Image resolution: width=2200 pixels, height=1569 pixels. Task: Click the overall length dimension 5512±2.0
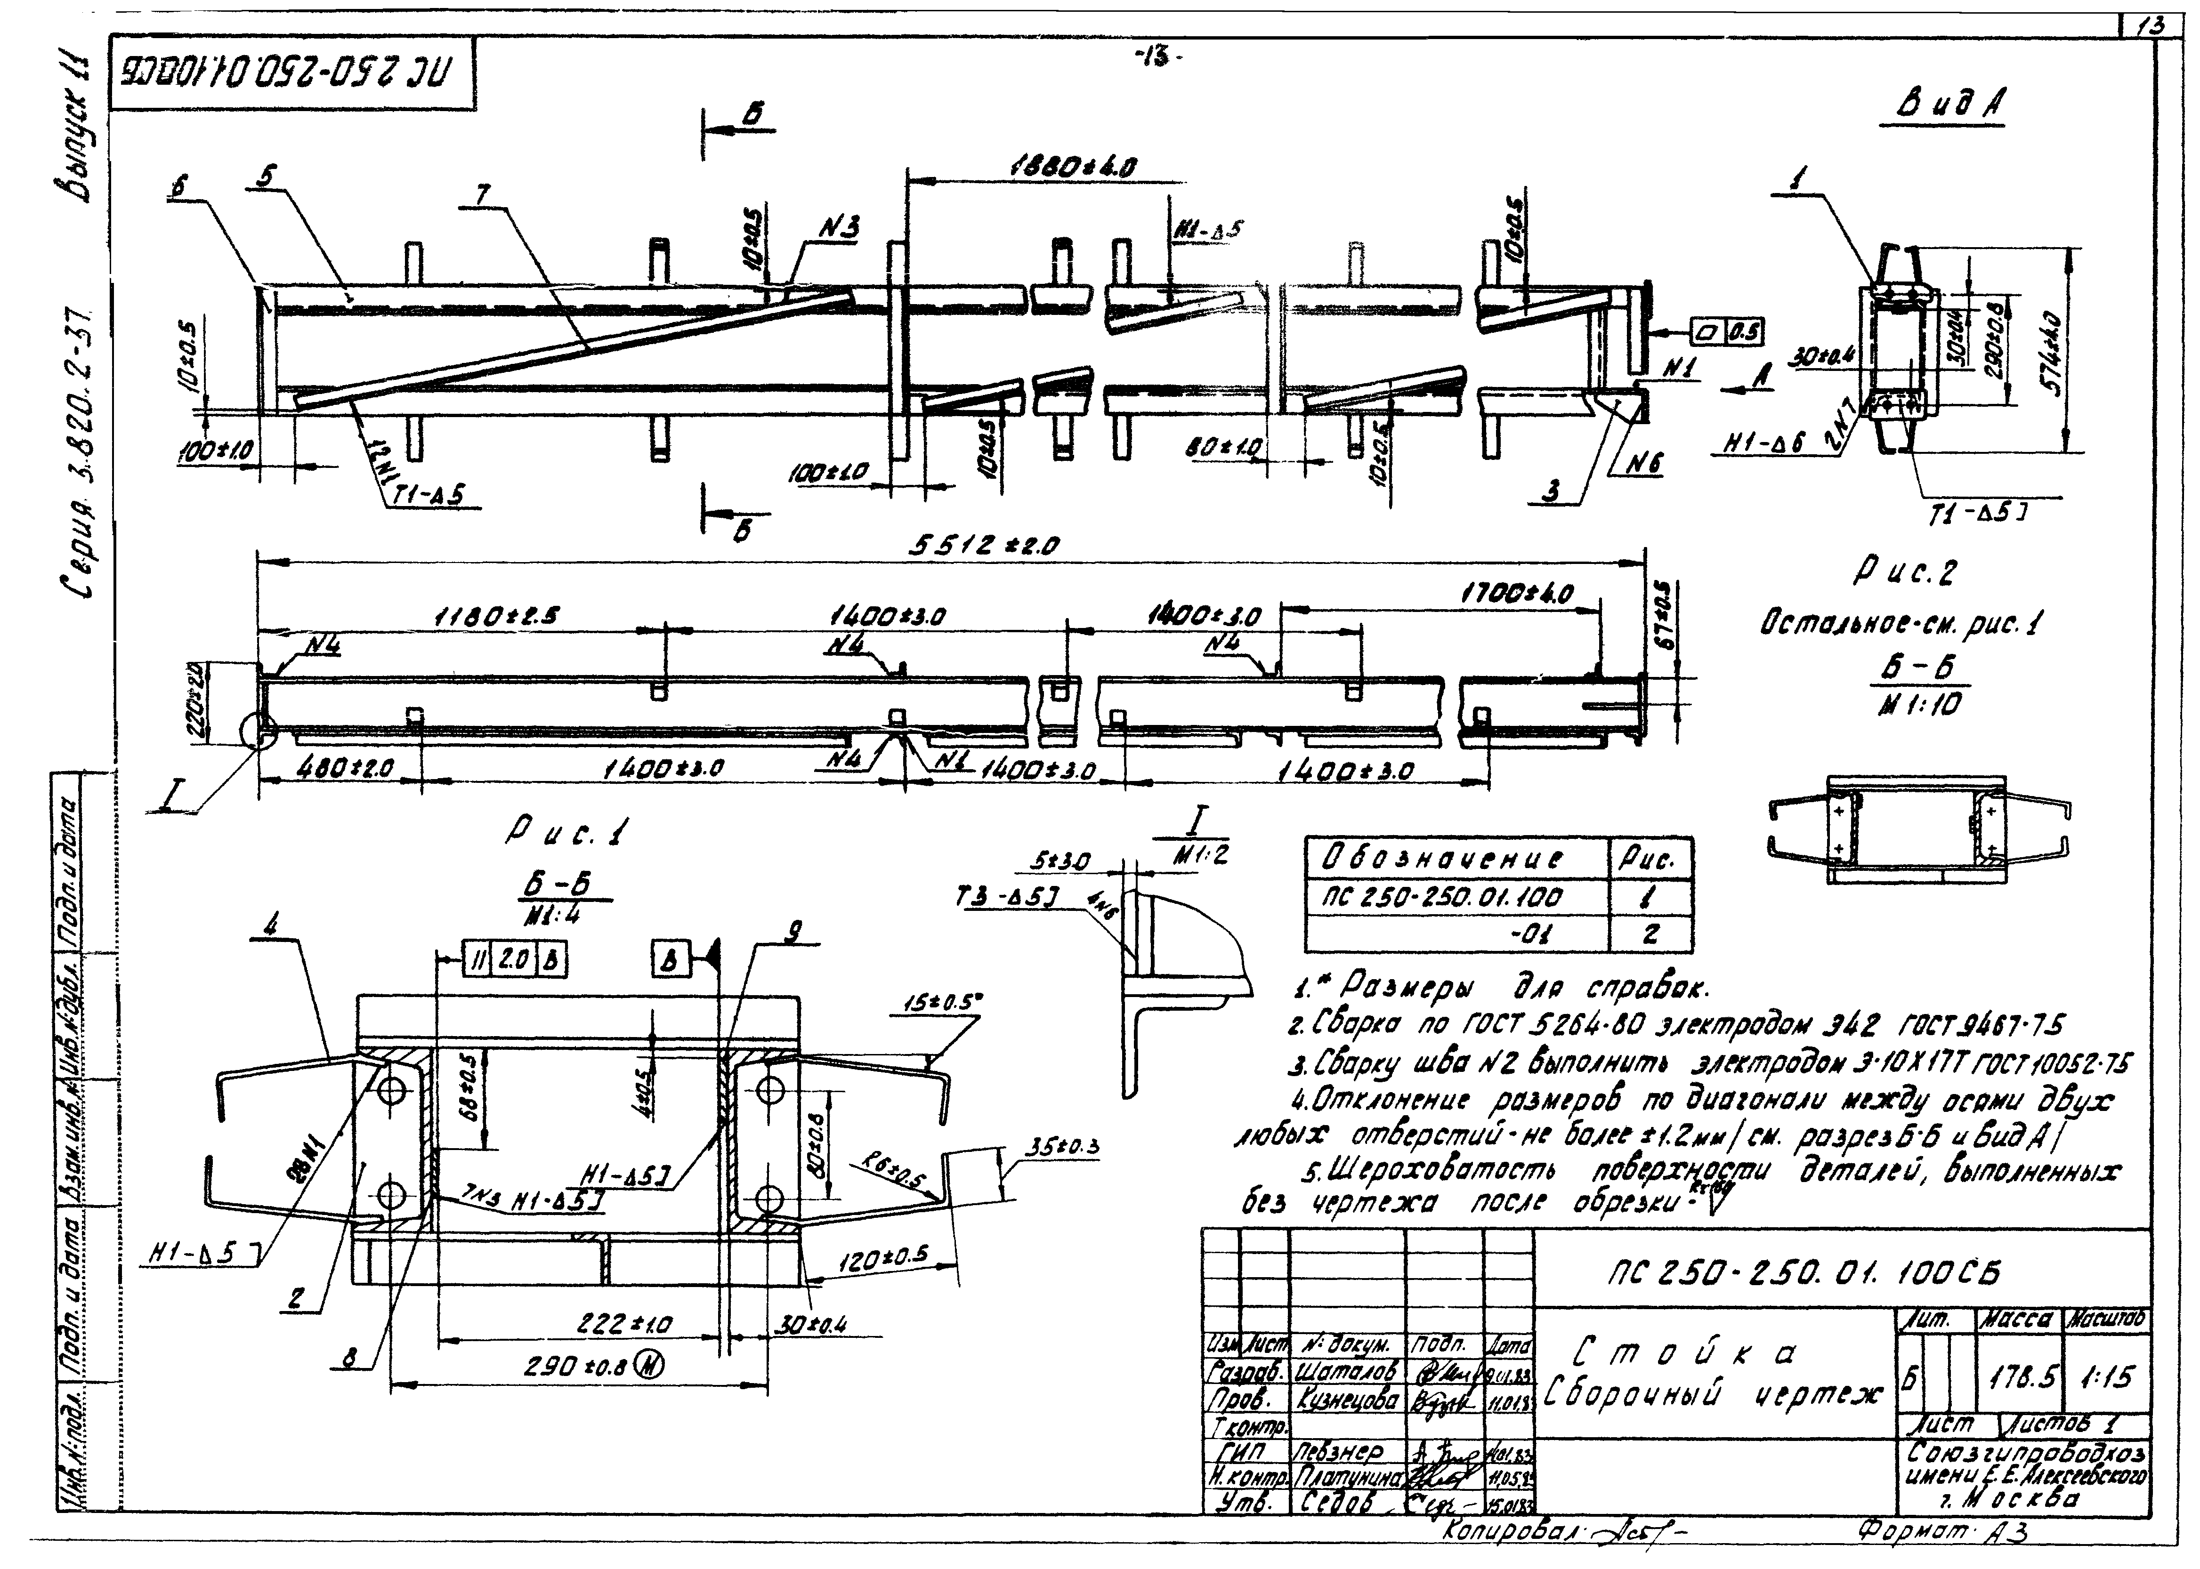click(x=984, y=546)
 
